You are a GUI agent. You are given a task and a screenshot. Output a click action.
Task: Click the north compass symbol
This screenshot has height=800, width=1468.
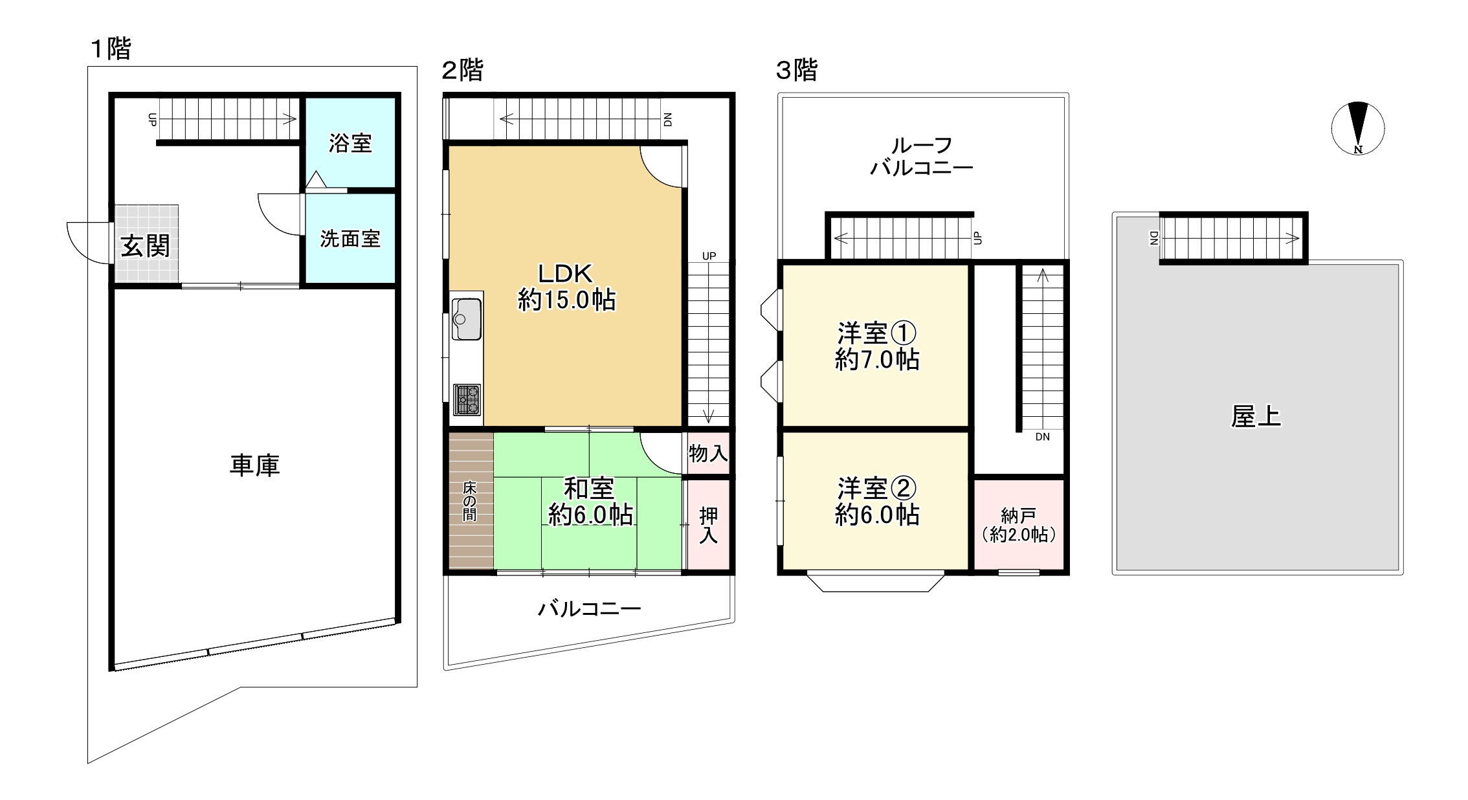(x=1357, y=128)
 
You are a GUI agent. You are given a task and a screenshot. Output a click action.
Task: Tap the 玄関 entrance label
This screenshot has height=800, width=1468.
(x=146, y=246)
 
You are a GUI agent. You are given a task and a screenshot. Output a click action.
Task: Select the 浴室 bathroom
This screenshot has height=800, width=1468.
(x=350, y=143)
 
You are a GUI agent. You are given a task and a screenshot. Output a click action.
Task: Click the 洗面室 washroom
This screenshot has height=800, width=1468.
(x=350, y=239)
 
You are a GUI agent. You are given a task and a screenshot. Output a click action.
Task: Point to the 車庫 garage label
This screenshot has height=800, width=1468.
(x=254, y=465)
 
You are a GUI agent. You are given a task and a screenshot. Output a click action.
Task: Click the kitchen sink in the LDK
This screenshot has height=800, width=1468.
(x=467, y=318)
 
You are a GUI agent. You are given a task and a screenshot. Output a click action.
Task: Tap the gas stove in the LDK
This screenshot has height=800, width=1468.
(x=467, y=399)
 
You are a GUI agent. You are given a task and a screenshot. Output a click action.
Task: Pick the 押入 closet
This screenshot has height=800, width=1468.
(x=708, y=525)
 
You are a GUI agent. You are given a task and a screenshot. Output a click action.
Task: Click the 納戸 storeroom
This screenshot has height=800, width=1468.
(x=1019, y=525)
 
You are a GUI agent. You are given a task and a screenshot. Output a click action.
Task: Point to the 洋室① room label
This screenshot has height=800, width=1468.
(x=877, y=334)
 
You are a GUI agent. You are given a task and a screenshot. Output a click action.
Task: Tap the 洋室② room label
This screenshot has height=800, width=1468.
(x=877, y=489)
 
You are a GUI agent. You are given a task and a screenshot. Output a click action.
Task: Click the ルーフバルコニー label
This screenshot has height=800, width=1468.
(x=921, y=157)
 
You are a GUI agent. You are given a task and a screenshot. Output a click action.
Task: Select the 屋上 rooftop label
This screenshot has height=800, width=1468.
(x=1256, y=417)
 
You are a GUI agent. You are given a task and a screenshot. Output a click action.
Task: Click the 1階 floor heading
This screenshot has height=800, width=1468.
(x=111, y=49)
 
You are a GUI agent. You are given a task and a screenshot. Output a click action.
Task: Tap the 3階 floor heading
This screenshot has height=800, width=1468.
(x=796, y=70)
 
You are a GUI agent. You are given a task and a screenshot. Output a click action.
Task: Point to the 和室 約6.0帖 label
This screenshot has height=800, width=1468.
(x=590, y=501)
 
